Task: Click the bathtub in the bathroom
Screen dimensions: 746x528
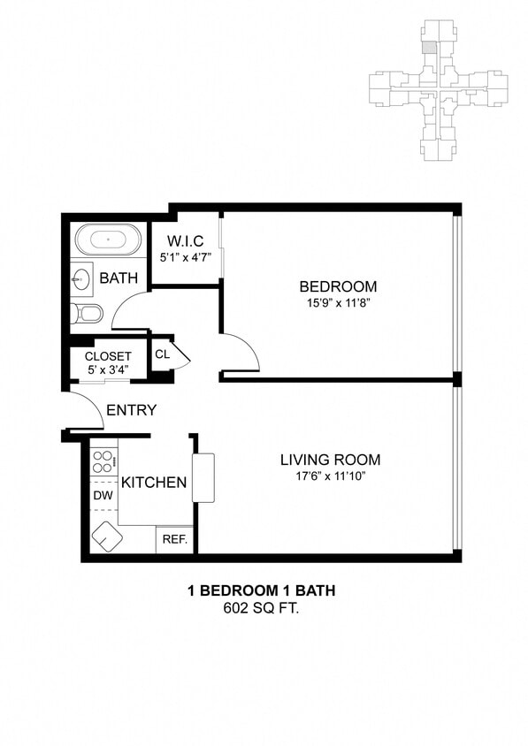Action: point(107,240)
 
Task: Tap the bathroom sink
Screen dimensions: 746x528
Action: point(81,279)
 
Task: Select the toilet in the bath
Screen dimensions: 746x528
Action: point(88,313)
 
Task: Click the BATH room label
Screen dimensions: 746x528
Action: point(119,278)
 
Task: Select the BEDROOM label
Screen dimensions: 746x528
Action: point(338,286)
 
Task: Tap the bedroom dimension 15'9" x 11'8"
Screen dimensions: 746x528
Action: point(338,303)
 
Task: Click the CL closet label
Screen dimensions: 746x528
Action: point(162,354)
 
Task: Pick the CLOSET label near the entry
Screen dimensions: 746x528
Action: point(108,356)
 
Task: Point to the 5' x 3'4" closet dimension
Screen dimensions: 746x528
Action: point(108,369)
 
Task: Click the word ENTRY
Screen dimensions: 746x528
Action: point(131,410)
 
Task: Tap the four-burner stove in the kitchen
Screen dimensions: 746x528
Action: point(103,462)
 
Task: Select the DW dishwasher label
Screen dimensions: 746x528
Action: point(103,496)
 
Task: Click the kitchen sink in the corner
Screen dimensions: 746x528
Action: point(108,536)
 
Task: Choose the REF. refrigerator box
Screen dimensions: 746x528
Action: point(174,539)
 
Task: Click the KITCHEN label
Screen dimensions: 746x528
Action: point(154,483)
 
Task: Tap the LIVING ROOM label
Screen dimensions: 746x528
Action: point(330,460)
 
